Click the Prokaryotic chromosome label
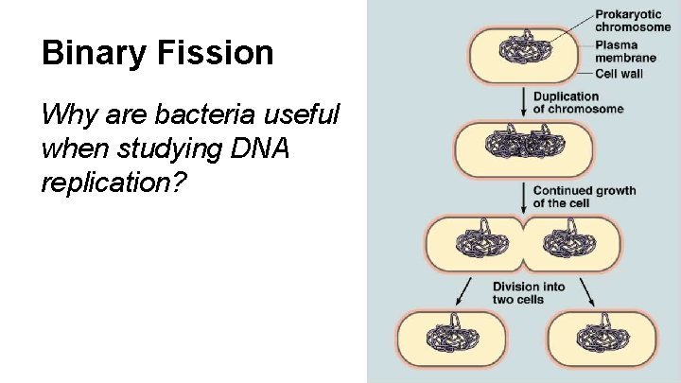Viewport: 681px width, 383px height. pyautogui.click(x=633, y=21)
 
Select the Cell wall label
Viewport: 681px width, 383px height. pyautogui.click(x=621, y=74)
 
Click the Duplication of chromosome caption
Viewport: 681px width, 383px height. pyautogui.click(x=578, y=102)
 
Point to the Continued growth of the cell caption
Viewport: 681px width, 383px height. pyautogui.click(x=584, y=197)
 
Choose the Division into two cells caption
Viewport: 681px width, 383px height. pyautogui.click(x=528, y=293)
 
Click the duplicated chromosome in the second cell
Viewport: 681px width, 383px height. pyautogui.click(x=511, y=146)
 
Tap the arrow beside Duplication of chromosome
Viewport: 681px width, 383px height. pyautogui.click(x=524, y=102)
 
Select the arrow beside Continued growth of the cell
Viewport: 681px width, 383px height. pyautogui.click(x=524, y=197)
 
